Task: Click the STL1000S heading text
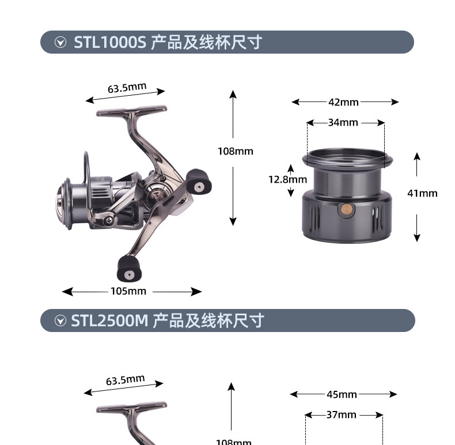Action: click(x=168, y=42)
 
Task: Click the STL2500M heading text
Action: click(x=168, y=320)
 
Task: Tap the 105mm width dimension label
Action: click(x=128, y=291)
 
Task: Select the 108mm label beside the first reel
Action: click(x=235, y=151)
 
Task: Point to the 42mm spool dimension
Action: click(x=343, y=102)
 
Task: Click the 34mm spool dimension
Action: click(x=343, y=122)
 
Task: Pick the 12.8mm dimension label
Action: click(x=287, y=179)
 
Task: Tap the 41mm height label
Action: click(x=422, y=193)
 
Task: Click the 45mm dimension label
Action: click(x=342, y=394)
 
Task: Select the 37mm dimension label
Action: click(x=341, y=414)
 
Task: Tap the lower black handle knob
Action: click(x=127, y=267)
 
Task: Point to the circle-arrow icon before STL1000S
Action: click(x=60, y=43)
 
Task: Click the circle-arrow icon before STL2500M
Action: click(x=60, y=321)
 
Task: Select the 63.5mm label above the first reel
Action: click(x=127, y=88)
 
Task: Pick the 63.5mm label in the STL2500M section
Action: click(x=125, y=380)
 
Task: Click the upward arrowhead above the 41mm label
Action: click(x=417, y=156)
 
